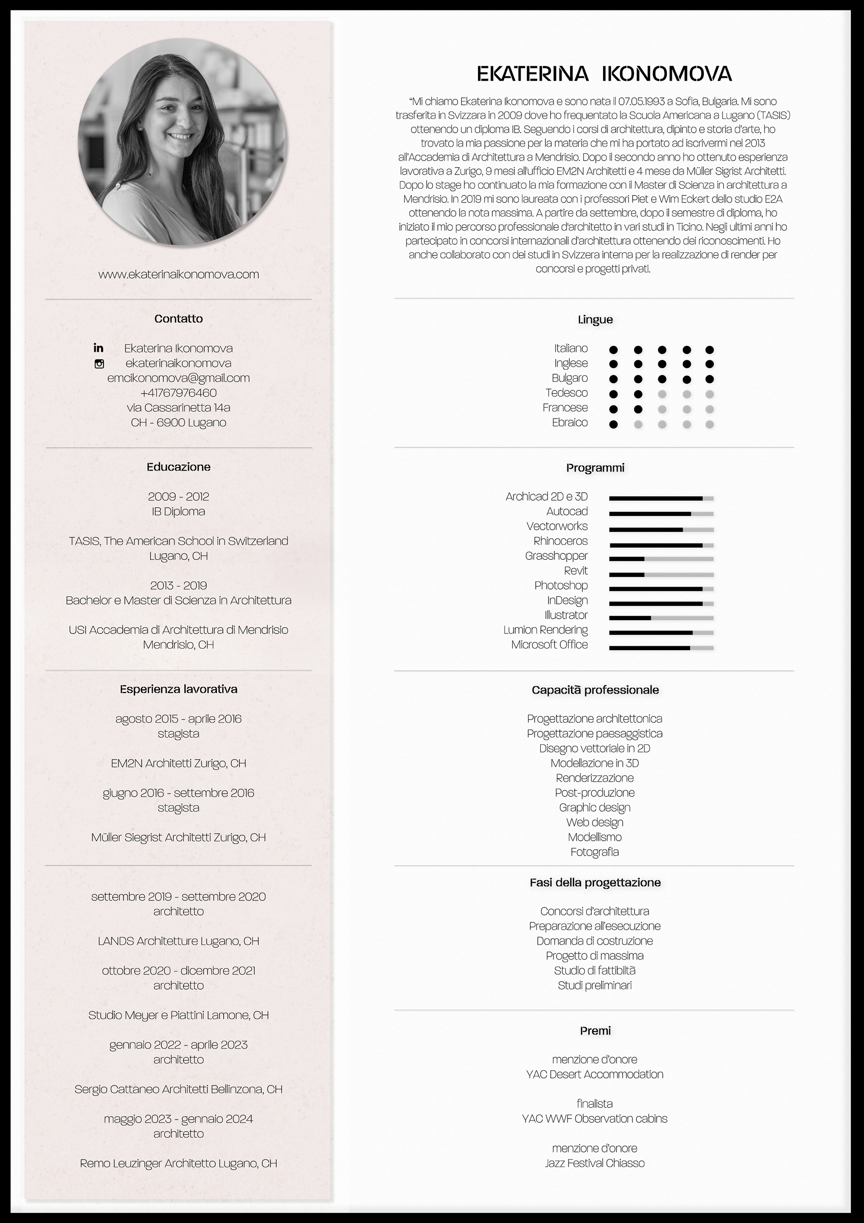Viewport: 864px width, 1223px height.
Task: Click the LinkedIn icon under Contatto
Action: point(99,348)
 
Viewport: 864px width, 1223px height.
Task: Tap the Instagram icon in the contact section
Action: point(99,364)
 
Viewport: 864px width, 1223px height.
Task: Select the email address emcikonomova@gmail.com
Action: point(178,378)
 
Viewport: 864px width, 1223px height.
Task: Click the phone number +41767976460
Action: point(178,393)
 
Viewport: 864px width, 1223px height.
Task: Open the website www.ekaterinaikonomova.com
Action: point(178,274)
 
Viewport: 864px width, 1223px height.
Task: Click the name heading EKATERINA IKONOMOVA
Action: point(604,74)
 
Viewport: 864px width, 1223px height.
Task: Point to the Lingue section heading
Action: point(594,320)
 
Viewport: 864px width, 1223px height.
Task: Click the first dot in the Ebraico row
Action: point(613,425)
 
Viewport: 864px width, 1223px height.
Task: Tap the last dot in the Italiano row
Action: point(709,350)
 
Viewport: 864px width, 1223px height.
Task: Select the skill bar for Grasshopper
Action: point(661,559)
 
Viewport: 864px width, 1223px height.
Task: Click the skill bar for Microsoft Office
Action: point(661,648)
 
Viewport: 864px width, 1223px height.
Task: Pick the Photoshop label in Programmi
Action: point(561,585)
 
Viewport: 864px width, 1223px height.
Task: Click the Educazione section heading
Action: point(178,467)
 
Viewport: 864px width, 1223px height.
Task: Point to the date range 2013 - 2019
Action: point(178,585)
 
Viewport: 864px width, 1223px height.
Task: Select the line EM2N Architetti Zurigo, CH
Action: point(178,763)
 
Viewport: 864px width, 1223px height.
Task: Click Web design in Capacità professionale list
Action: point(594,822)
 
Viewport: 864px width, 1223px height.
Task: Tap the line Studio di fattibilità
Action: point(594,970)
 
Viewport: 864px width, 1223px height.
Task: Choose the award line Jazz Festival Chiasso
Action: point(594,1164)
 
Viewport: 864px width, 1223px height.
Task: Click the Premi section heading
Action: point(594,1031)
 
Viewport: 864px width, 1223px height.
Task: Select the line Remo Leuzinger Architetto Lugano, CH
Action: point(178,1164)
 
